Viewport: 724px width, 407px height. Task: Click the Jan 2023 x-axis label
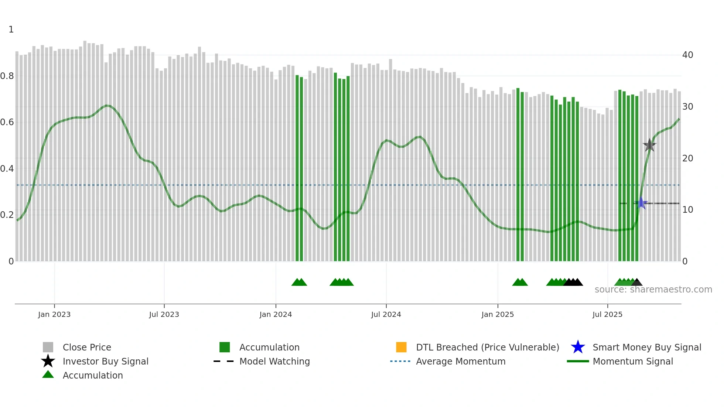point(54,314)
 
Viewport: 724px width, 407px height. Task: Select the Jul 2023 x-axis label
point(164,314)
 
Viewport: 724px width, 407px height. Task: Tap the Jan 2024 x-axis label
point(276,314)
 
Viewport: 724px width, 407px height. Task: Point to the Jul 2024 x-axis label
point(386,314)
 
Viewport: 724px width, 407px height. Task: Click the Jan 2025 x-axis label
point(498,314)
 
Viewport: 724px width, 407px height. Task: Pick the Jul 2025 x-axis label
point(608,314)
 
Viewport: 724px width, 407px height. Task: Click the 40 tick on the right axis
point(687,55)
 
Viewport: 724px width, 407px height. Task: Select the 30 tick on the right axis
point(687,107)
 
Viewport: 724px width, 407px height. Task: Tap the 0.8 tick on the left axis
point(7,76)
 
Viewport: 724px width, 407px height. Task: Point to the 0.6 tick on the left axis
point(7,122)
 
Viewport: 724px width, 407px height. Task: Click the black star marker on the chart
point(649,145)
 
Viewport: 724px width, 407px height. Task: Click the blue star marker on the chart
point(641,203)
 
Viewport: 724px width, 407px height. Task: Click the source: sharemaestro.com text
point(653,290)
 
